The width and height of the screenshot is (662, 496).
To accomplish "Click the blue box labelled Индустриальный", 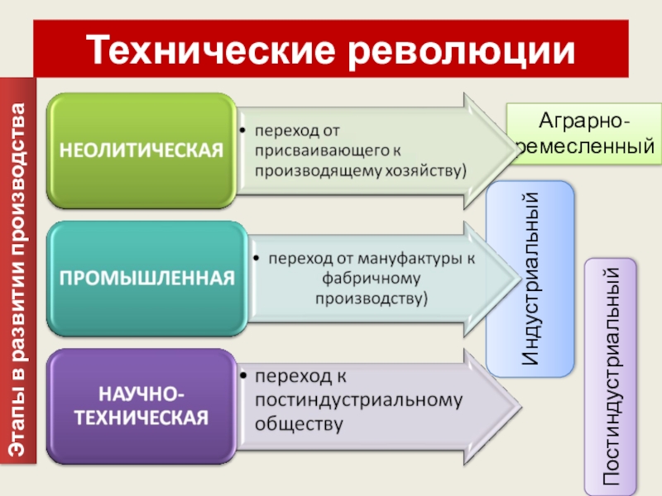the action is [530, 278].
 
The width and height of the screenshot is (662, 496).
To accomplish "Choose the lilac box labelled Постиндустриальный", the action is [611, 376].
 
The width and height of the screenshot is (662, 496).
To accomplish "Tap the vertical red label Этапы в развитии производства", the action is [17, 268].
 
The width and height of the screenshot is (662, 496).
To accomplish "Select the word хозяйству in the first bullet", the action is [422, 171].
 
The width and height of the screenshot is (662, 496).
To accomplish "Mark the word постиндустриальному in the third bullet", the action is [357, 401].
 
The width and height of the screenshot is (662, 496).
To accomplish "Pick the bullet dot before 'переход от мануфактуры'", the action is [260, 260].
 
